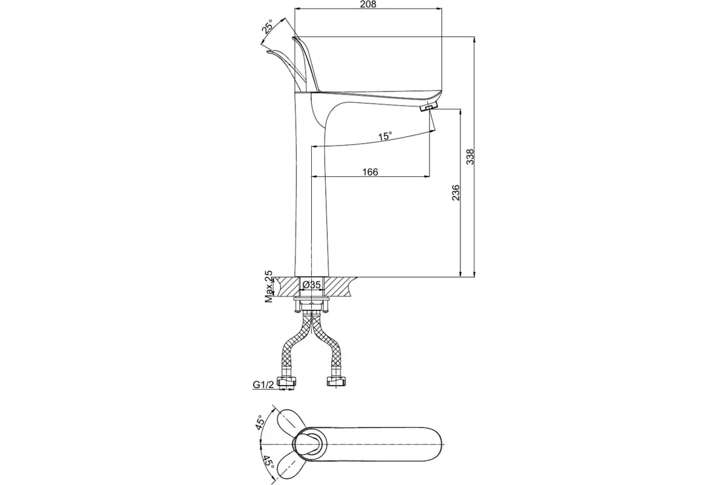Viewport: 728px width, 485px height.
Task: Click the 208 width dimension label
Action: click(368, 4)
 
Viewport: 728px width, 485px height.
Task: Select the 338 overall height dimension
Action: click(470, 156)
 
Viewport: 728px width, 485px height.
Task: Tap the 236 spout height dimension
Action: click(456, 193)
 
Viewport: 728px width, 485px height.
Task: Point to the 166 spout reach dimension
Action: click(370, 172)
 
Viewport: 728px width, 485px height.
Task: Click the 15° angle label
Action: click(385, 136)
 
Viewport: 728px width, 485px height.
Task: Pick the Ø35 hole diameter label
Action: click(311, 285)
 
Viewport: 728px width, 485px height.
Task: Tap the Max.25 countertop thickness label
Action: click(269, 287)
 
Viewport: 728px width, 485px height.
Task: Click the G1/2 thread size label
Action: click(263, 384)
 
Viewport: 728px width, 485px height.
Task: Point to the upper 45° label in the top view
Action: click(260, 423)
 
